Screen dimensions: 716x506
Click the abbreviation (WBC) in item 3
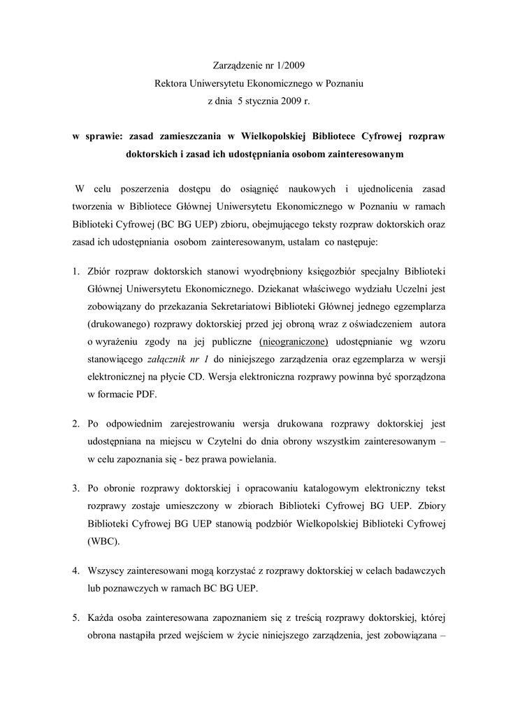103,541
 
